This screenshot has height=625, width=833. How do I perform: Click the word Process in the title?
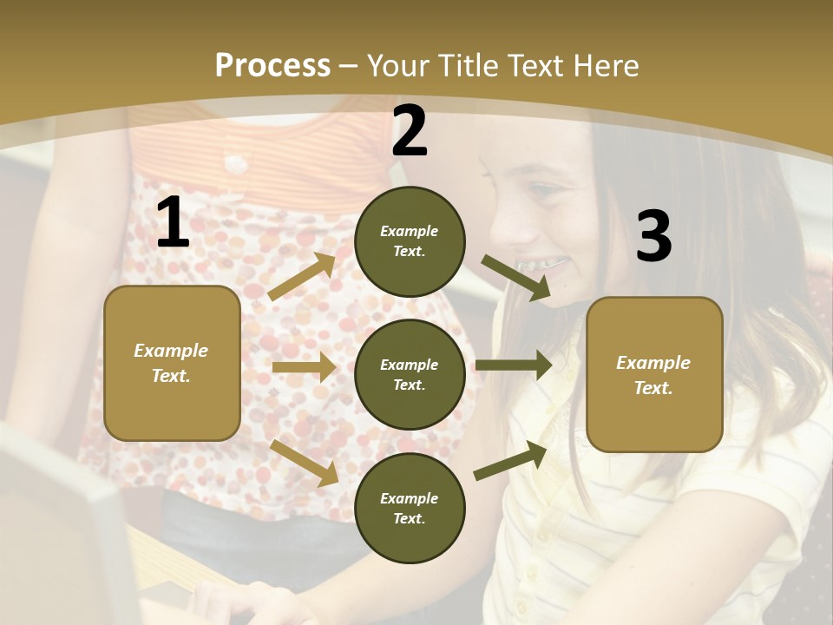272,66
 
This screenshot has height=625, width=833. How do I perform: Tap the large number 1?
173,223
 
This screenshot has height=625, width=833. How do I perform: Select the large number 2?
410,131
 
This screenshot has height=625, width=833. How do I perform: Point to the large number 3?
653,237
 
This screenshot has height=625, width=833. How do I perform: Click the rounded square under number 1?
172,363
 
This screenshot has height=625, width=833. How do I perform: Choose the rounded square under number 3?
654,374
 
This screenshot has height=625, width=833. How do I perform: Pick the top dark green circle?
410,241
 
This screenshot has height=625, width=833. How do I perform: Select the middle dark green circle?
410,374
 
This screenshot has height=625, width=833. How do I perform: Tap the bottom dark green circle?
410,508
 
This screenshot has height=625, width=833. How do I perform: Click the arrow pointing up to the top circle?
302,277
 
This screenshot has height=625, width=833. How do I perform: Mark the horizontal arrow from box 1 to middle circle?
303,367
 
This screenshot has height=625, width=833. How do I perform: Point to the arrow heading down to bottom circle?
305,462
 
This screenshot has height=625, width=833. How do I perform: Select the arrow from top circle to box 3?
516,278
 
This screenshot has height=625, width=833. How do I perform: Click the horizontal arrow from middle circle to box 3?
514,365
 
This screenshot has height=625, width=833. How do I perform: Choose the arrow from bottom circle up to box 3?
510,461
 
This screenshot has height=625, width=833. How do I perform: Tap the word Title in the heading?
469,66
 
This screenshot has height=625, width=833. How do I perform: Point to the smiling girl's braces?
541,262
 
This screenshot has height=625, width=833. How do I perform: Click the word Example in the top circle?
409,232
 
